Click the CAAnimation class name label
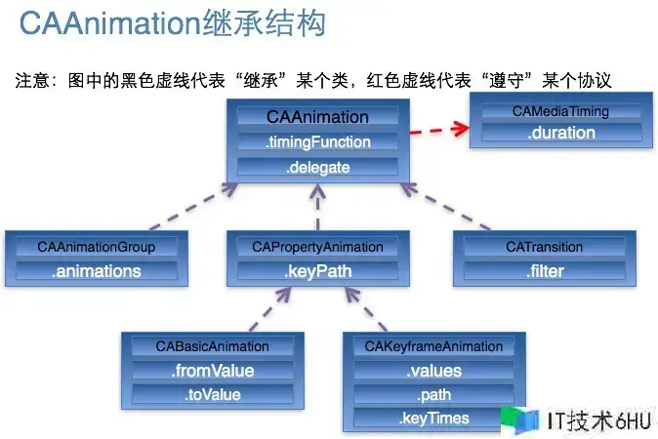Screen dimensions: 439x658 pos(317,117)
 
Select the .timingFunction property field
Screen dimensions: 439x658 pos(317,142)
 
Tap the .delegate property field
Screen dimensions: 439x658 pos(317,168)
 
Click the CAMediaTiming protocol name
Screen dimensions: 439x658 pos(560,111)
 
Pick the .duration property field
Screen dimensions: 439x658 pos(560,134)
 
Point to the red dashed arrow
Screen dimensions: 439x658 pos(436,129)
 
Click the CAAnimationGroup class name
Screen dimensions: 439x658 pos(96,247)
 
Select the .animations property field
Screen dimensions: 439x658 pos(96,271)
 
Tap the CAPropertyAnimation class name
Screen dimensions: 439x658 pos(317,247)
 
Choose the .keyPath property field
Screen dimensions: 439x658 pos(317,271)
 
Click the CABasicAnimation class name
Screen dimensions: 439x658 pos(212,346)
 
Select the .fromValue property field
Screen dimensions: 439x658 pos(212,371)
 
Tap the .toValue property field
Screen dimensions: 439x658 pos(212,395)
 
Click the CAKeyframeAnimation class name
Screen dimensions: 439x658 pos(433,346)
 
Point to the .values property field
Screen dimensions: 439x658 pos(433,371)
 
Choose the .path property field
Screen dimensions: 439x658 pos(433,395)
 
